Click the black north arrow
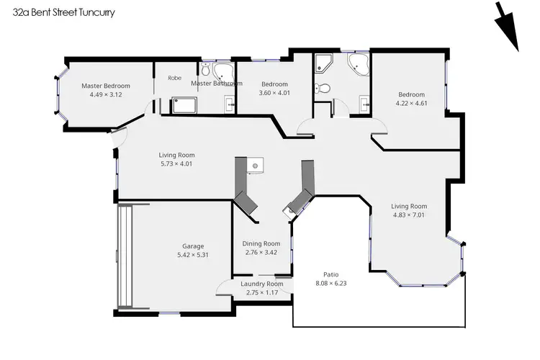(508, 27)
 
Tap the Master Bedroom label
(106, 85)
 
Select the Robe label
(174, 78)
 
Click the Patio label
(330, 274)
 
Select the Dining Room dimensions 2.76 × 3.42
(261, 253)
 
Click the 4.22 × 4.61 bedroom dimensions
(411, 103)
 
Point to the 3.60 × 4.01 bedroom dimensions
(274, 93)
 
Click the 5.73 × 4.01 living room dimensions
(176, 163)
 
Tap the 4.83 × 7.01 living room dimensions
(409, 215)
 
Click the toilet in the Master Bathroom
(205, 71)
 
